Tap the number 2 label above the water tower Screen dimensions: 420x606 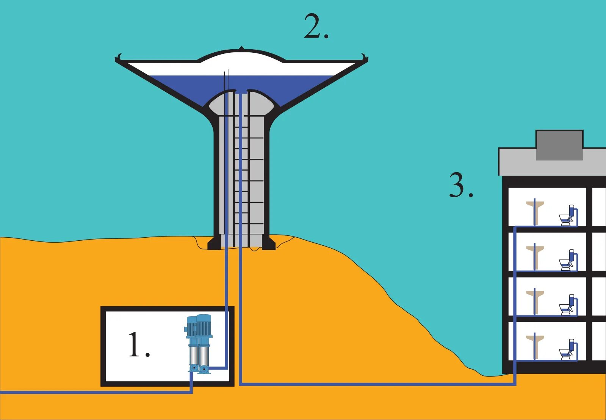(x=316, y=27)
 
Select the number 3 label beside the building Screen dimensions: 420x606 (x=461, y=185)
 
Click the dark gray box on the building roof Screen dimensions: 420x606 (x=559, y=145)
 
